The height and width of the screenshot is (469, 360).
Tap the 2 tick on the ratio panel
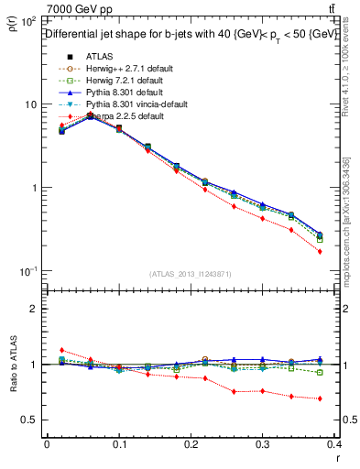pos(35,309)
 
